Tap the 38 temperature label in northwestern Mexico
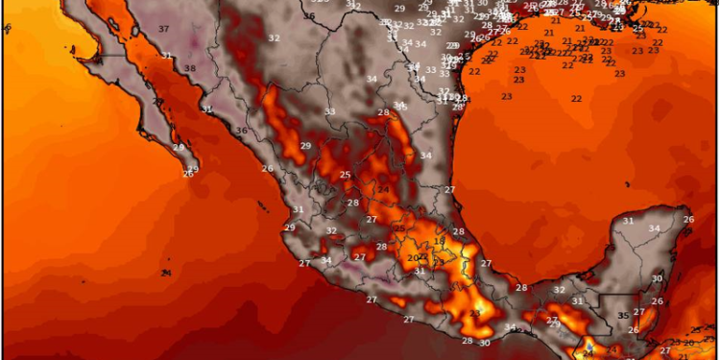(190, 68)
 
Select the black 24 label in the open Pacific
(167, 273)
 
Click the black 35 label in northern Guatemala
(622, 315)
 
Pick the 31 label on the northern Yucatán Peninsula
(628, 221)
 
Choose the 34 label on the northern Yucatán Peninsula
(654, 228)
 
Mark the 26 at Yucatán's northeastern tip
(688, 220)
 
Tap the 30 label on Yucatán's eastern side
(657, 278)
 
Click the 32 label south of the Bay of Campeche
(559, 290)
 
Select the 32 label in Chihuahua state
(274, 37)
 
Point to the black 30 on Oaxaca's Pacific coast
(485, 342)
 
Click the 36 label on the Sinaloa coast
(242, 131)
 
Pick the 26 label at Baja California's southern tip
(187, 173)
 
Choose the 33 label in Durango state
(330, 111)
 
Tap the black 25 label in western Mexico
(346, 174)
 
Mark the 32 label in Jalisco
(331, 230)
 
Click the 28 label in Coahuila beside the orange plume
(383, 113)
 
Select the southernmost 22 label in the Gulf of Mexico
(576, 99)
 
